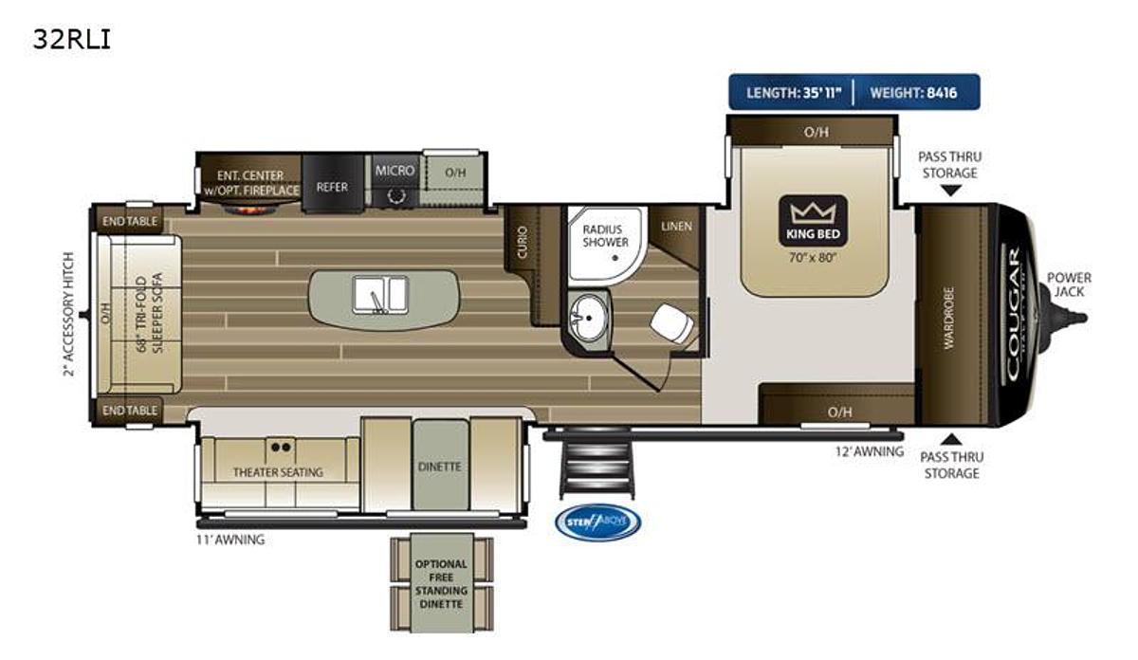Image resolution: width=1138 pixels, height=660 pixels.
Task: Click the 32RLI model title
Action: tap(72, 40)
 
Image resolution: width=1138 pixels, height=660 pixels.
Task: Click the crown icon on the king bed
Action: tap(810, 211)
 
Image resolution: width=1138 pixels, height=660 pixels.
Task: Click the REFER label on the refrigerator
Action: tap(332, 187)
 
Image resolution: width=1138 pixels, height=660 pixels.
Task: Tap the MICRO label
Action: tap(395, 171)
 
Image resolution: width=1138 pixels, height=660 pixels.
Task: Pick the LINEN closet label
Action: tap(677, 226)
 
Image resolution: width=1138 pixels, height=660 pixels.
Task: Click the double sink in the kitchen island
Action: tap(380, 294)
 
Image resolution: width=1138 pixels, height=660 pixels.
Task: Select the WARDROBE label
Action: tap(948, 317)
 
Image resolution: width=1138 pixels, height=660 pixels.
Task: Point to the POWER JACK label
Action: tap(1069, 284)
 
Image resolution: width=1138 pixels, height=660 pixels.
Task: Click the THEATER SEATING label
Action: tap(278, 471)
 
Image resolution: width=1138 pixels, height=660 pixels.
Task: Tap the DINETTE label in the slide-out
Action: tap(439, 467)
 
